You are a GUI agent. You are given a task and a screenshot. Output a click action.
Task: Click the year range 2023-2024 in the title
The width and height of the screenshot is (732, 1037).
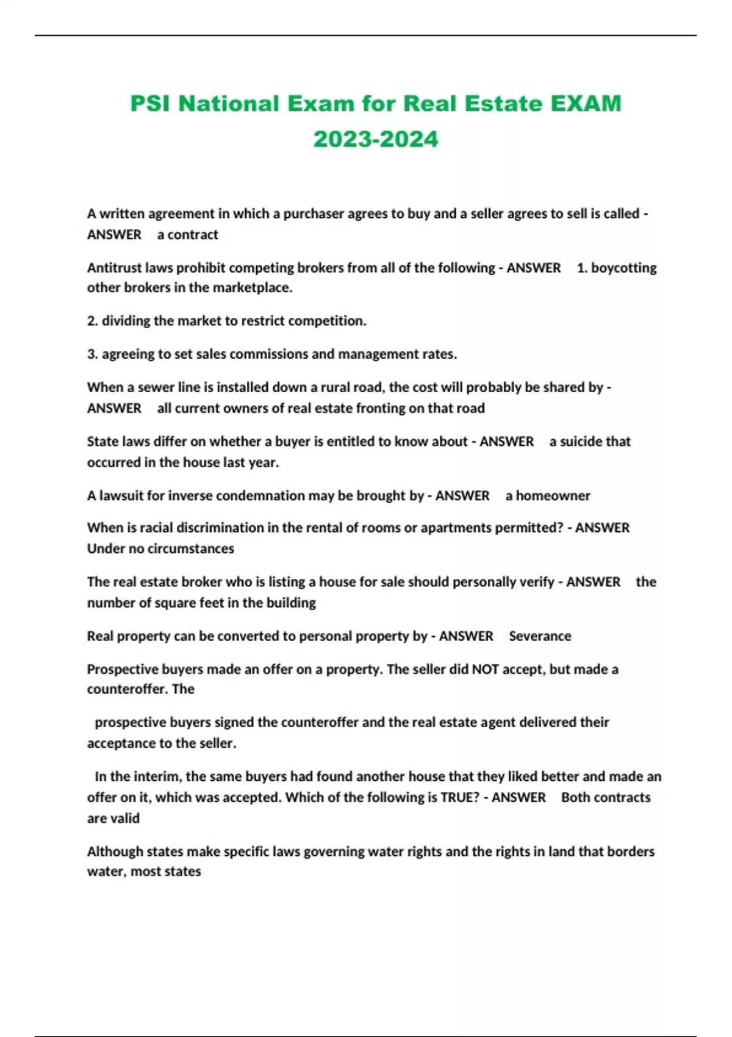coord(376,139)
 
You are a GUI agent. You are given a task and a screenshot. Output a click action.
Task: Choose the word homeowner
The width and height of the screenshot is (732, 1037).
coord(553,495)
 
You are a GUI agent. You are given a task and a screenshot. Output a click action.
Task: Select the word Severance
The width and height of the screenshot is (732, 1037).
coord(540,636)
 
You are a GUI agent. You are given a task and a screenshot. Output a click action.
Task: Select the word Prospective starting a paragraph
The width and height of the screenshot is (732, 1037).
coord(123,669)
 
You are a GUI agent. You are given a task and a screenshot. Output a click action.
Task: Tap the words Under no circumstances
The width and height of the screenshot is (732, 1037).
coord(160,548)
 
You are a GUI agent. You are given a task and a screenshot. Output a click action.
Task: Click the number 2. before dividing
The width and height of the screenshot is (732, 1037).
coord(92,320)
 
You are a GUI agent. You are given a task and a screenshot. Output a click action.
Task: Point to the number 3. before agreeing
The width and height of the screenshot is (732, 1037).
coord(92,354)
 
